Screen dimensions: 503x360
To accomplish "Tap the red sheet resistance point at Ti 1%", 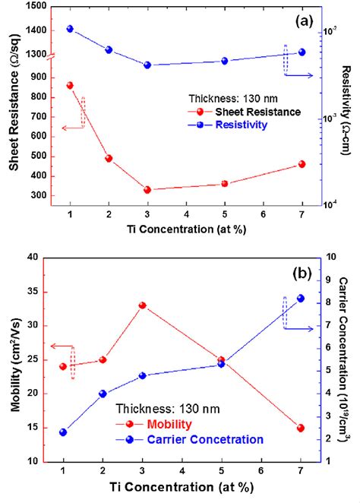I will click(70, 85).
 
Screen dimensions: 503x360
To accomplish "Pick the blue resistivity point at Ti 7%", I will click(302, 52).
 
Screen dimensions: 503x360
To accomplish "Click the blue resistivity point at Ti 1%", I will click(70, 29).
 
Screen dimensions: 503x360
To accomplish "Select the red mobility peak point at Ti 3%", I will click(142, 305).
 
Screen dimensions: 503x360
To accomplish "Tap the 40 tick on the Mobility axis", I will click(34, 257).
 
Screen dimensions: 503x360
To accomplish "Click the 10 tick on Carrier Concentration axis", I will click(332, 257).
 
